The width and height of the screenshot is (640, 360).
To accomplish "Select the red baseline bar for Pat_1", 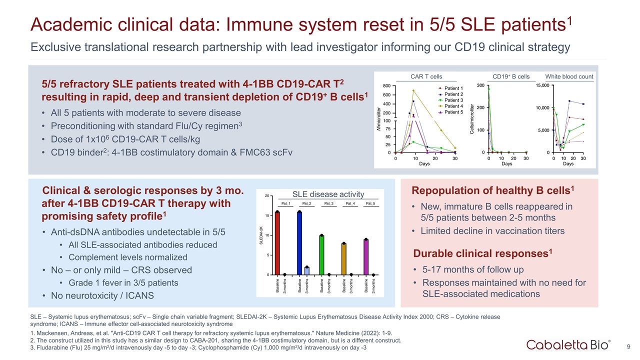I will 277,243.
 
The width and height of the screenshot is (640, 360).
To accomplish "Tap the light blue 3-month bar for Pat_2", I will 307,270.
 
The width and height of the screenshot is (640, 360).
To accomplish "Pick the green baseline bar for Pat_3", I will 321,254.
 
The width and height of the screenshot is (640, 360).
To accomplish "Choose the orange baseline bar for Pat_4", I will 344,258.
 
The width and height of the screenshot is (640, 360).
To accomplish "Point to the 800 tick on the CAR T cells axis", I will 386,85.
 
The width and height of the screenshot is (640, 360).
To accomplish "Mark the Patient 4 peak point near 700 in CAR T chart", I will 413,90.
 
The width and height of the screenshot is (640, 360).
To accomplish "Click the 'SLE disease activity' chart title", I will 328,194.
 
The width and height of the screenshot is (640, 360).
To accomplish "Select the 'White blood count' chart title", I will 569,76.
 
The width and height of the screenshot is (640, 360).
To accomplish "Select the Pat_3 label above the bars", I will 328,203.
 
